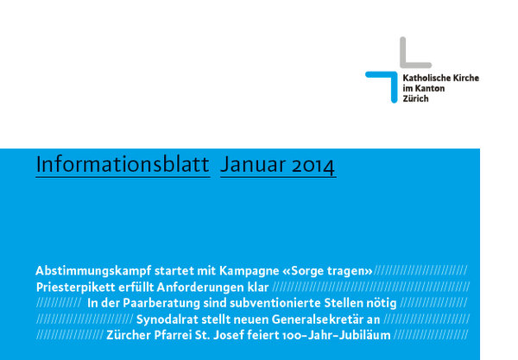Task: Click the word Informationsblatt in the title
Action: [x=123, y=164]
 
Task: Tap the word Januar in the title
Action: [x=253, y=165]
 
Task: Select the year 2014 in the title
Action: [x=313, y=166]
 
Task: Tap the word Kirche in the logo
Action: [x=466, y=78]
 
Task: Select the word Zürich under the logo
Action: [x=415, y=98]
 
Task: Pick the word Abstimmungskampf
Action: [x=93, y=271]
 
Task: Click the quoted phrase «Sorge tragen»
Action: [x=327, y=271]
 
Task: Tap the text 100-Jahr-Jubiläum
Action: [x=336, y=335]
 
